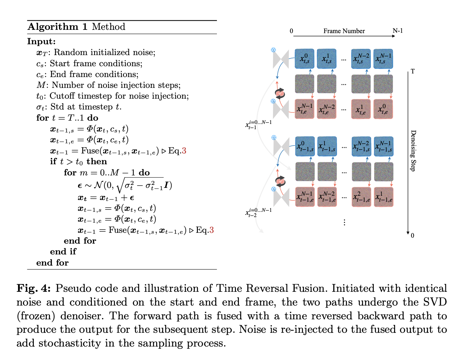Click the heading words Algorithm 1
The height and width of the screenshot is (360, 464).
pyautogui.click(x=57, y=27)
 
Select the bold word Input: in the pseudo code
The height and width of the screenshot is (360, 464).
pyautogui.click(x=41, y=41)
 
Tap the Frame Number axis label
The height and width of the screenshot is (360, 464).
pyautogui.click(x=344, y=31)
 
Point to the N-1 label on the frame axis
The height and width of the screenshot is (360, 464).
pyautogui.click(x=398, y=31)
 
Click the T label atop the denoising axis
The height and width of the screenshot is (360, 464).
pyautogui.click(x=413, y=71)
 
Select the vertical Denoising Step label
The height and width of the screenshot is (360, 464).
pyautogui.click(x=413, y=150)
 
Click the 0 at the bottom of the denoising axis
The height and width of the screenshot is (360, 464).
pyautogui.click(x=412, y=235)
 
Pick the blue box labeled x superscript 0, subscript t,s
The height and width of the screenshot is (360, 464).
pyautogui.click(x=304, y=59)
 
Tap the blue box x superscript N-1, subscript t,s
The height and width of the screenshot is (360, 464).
pyautogui.click(x=383, y=59)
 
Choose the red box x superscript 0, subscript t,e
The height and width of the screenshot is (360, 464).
pyautogui.click(x=383, y=109)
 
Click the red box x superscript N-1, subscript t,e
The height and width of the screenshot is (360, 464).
pyautogui.click(x=304, y=109)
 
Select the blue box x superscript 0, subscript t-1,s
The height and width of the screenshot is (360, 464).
pyautogui.click(x=305, y=146)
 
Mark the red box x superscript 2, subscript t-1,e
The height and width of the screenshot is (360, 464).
pyautogui.click(x=361, y=197)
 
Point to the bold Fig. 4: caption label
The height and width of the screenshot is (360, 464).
pyautogui.click(x=34, y=289)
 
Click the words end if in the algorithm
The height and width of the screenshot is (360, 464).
pyautogui.click(x=63, y=251)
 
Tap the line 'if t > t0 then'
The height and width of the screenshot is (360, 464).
pyautogui.click(x=78, y=162)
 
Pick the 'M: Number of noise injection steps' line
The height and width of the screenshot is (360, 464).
pyautogui.click(x=108, y=85)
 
